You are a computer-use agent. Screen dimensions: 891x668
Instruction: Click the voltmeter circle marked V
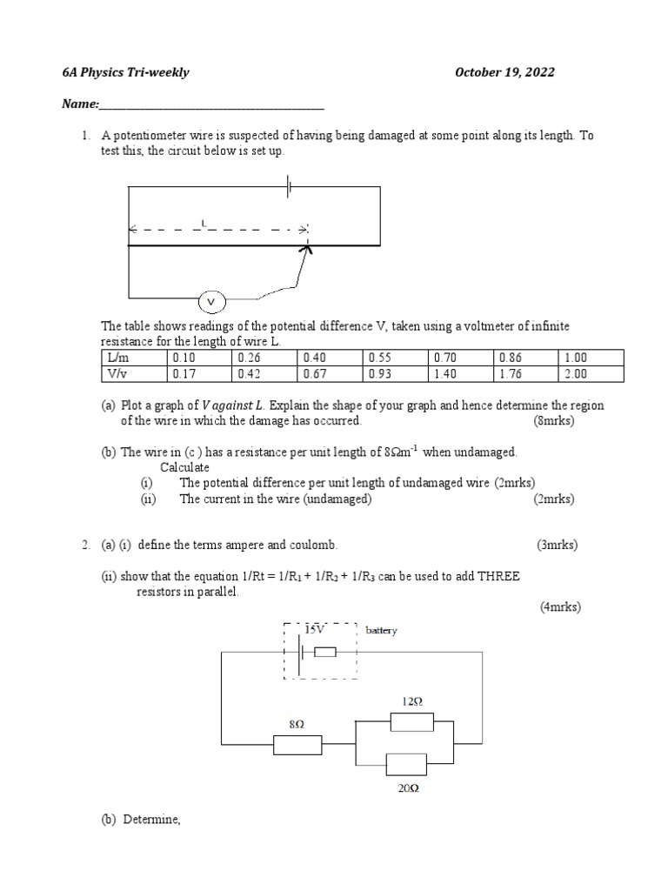coord(211,303)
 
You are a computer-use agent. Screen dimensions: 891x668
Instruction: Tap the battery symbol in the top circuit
coord(289,186)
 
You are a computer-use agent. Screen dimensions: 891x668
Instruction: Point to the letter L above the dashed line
coord(204,224)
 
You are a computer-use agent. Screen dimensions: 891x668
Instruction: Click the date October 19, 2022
coord(504,72)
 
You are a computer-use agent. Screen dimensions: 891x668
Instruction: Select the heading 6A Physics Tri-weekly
coord(125,72)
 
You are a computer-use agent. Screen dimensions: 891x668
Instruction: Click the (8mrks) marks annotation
coord(554,421)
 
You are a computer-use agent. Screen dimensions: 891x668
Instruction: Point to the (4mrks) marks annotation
coord(560,607)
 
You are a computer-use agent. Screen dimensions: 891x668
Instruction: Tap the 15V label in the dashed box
coord(314,629)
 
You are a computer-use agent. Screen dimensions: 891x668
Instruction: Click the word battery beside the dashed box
coord(381,630)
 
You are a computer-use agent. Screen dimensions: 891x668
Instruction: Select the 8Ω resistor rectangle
coord(297,745)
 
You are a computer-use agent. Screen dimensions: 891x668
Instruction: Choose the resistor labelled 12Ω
coord(411,722)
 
